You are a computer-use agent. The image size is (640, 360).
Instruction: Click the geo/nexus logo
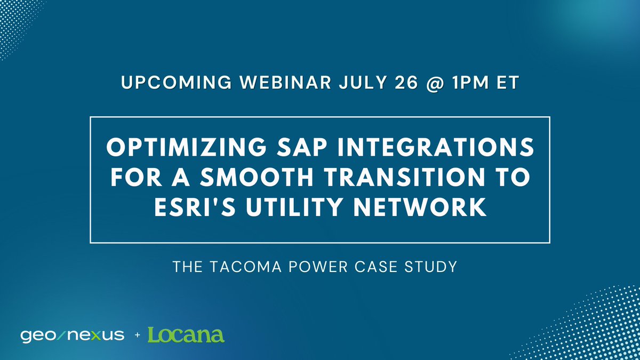(x=72, y=335)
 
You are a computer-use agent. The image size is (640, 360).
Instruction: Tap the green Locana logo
(x=186, y=335)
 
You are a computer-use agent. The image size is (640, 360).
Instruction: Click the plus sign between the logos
(x=137, y=335)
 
